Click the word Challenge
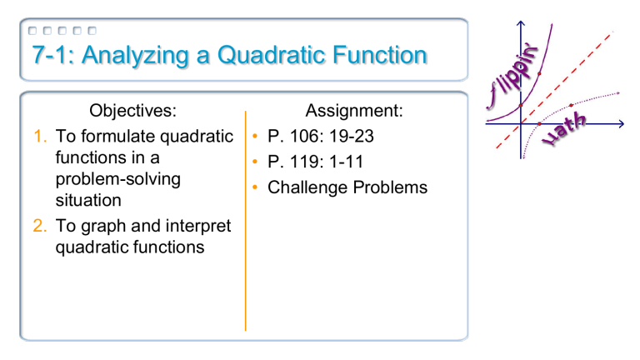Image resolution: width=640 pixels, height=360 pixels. tap(310, 187)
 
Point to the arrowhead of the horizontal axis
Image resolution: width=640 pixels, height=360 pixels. tap(622, 124)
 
